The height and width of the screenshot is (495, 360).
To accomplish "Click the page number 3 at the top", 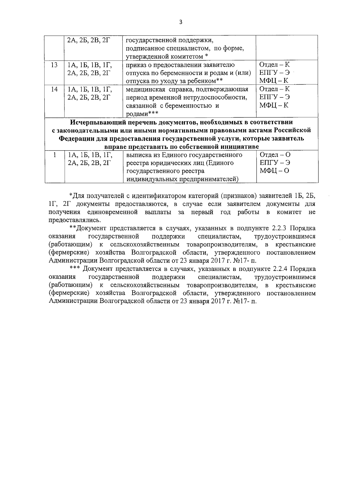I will pyautogui.click(x=180, y=22).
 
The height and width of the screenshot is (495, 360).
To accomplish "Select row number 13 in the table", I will pyautogui.click(x=54, y=65).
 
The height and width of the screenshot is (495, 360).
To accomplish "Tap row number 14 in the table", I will pyautogui.click(x=54, y=89).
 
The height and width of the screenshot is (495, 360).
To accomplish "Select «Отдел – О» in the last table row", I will pyautogui.click(x=275, y=155).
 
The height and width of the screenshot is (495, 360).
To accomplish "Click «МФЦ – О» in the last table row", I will pyautogui.click(x=274, y=171).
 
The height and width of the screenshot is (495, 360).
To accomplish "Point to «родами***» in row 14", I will pyautogui.click(x=142, y=114).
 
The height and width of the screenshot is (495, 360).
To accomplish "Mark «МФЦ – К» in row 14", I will pyautogui.click(x=274, y=106).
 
